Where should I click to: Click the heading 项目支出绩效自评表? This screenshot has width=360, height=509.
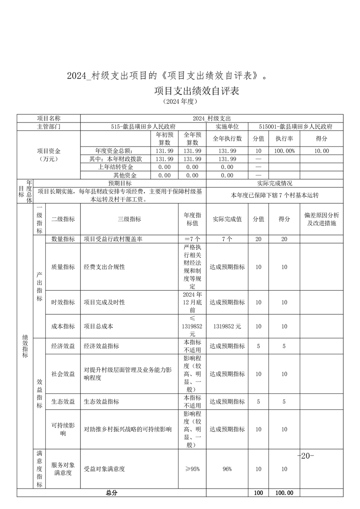(196, 91)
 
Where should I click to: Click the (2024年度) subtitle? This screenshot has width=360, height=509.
(180, 102)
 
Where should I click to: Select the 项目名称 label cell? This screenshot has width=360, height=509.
(49, 118)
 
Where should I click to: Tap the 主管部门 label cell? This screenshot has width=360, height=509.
(49, 127)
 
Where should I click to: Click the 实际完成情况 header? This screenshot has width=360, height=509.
(275, 183)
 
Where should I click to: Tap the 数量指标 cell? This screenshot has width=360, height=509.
(63, 239)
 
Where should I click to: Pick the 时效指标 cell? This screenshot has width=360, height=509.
(63, 302)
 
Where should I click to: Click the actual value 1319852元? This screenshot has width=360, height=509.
(227, 326)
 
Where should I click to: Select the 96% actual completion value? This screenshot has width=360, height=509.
(227, 469)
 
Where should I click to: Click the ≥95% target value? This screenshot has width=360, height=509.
(192, 469)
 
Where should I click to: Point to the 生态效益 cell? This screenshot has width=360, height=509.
(63, 401)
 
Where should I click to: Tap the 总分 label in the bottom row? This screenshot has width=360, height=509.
(112, 493)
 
